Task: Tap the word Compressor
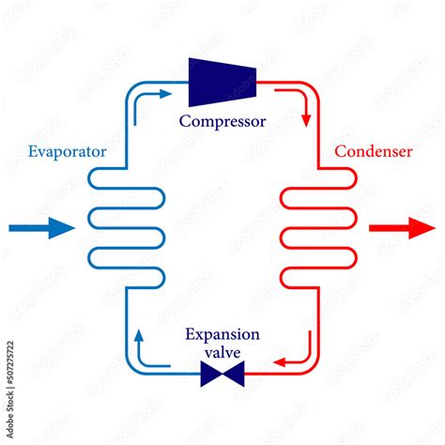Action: (222, 121)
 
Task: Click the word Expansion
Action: (222, 334)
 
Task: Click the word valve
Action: (222, 351)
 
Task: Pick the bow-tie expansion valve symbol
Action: (222, 376)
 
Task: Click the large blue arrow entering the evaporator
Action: (41, 227)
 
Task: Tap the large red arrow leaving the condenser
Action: (401, 227)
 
